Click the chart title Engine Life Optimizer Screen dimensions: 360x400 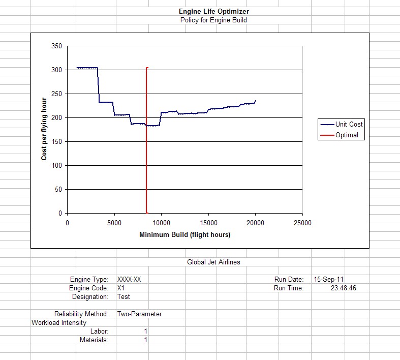tap(213, 11)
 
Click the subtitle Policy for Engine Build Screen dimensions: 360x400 tap(213, 20)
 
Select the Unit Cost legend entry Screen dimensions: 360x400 tap(349, 124)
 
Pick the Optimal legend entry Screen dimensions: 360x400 tap(347, 135)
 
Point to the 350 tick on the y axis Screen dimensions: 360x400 tap(56, 46)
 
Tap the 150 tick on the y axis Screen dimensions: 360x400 tap(56, 142)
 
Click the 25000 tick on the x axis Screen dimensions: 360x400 tap(302, 223)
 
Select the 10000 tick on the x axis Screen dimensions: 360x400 tap(161, 223)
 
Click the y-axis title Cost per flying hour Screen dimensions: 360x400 tap(44, 129)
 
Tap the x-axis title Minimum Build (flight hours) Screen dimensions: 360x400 tap(184, 235)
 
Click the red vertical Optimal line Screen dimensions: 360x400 tap(146, 153)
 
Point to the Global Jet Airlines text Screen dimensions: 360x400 tap(213, 262)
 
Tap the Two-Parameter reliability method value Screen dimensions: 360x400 tap(139, 314)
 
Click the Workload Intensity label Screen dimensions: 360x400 tap(59, 323)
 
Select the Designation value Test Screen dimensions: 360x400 tap(124, 297)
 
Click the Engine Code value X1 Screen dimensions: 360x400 tap(121, 288)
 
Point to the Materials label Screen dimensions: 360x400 tap(94, 340)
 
